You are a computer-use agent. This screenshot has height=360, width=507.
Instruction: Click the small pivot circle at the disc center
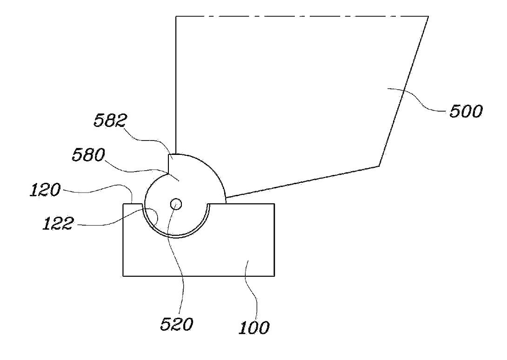click(x=176, y=204)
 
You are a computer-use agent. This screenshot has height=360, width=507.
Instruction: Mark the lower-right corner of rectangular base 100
click(x=274, y=276)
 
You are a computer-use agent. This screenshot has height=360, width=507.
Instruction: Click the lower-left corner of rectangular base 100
click(x=122, y=276)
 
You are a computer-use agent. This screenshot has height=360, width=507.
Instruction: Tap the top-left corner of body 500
click(x=176, y=17)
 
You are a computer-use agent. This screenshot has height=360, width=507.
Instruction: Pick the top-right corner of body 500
click(x=428, y=17)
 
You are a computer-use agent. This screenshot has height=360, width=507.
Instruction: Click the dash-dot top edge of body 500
click(x=302, y=17)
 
